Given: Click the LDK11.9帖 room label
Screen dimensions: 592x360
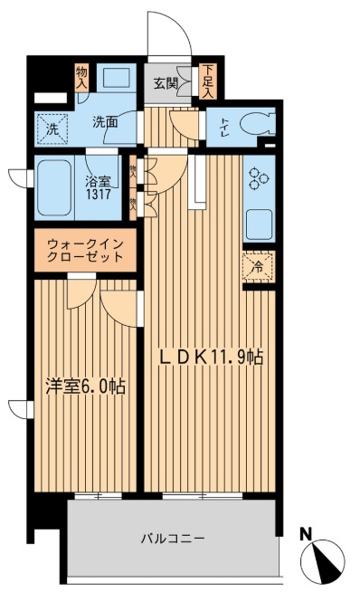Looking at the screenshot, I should (212, 358).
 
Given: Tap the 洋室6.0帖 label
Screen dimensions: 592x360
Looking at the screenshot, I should (86, 386).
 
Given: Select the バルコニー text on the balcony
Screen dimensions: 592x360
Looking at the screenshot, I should (172, 539).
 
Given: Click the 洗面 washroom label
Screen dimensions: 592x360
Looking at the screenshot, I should (106, 122).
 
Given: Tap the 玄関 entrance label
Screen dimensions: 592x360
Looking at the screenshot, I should (165, 84).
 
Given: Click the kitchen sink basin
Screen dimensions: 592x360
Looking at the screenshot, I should (258, 223).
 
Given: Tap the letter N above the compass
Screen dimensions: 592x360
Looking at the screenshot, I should (307, 532).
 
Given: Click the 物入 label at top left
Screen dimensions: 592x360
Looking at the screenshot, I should (81, 76).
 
